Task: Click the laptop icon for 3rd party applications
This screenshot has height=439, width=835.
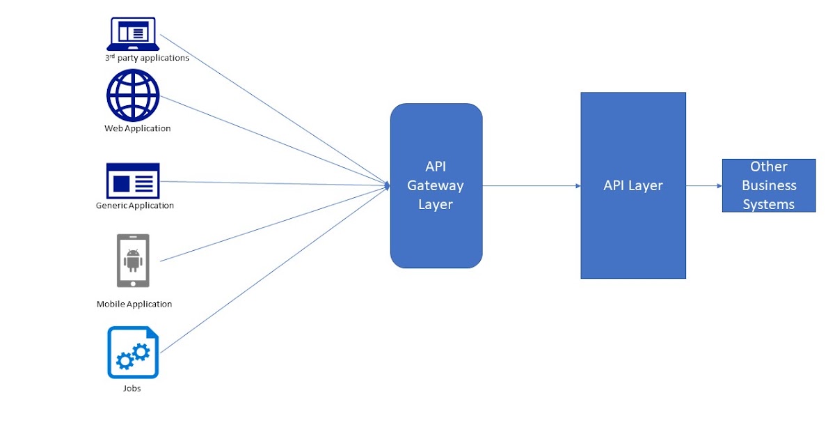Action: pyautogui.click(x=133, y=33)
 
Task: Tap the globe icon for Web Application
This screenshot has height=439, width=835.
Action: pyautogui.click(x=133, y=95)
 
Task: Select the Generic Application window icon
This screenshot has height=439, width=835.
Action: pyautogui.click(x=133, y=181)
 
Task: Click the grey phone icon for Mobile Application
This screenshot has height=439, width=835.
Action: pyautogui.click(x=133, y=260)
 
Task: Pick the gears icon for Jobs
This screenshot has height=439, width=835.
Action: pyautogui.click(x=133, y=353)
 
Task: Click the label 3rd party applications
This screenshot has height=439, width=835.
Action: pyautogui.click(x=147, y=58)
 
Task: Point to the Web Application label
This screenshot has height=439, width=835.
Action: pyautogui.click(x=138, y=128)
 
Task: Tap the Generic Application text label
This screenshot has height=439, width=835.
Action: pyautogui.click(x=135, y=206)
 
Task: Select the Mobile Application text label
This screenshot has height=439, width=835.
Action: pyautogui.click(x=134, y=304)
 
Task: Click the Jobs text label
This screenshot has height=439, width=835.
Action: pyautogui.click(x=132, y=388)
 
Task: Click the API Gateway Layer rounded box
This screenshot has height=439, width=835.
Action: pyautogui.click(x=436, y=230)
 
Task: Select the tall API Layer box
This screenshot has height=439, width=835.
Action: pyautogui.click(x=633, y=230)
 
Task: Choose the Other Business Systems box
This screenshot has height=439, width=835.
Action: pyautogui.click(x=769, y=185)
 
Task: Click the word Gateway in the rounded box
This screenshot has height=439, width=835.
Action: pyautogui.click(x=436, y=186)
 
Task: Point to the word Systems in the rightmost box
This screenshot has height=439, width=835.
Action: pyautogui.click(x=769, y=204)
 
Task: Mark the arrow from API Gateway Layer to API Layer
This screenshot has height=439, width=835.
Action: pyautogui.click(x=532, y=186)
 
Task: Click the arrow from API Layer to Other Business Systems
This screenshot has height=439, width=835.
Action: pyautogui.click(x=704, y=186)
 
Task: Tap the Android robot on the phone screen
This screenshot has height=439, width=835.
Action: pyautogui.click(x=133, y=260)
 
